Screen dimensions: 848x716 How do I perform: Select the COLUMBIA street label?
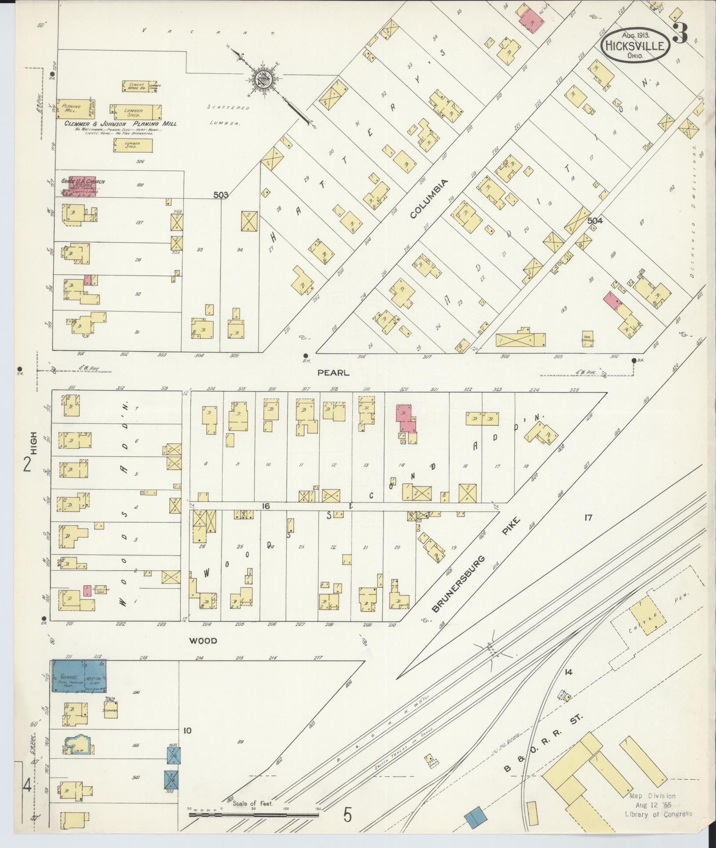tap(428, 198)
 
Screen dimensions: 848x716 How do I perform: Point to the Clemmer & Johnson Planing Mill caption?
tap(121, 124)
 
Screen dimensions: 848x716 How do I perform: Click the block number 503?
tap(221, 195)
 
